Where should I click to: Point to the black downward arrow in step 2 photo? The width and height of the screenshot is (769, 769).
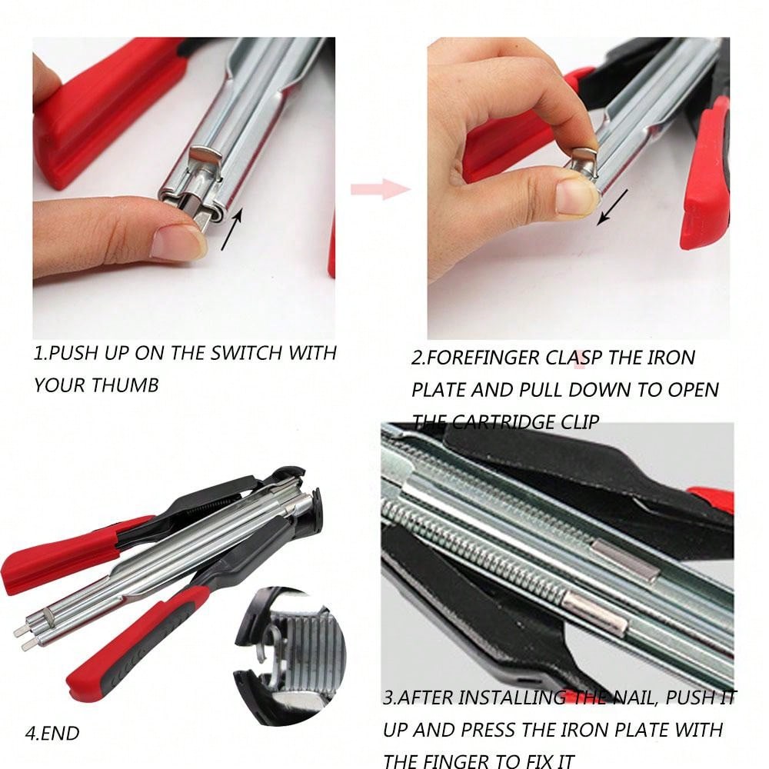(x=612, y=206)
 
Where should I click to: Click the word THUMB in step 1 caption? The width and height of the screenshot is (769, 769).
(x=125, y=385)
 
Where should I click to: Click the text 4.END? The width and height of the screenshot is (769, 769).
(x=52, y=733)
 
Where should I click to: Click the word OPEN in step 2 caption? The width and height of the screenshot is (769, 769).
(x=691, y=389)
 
